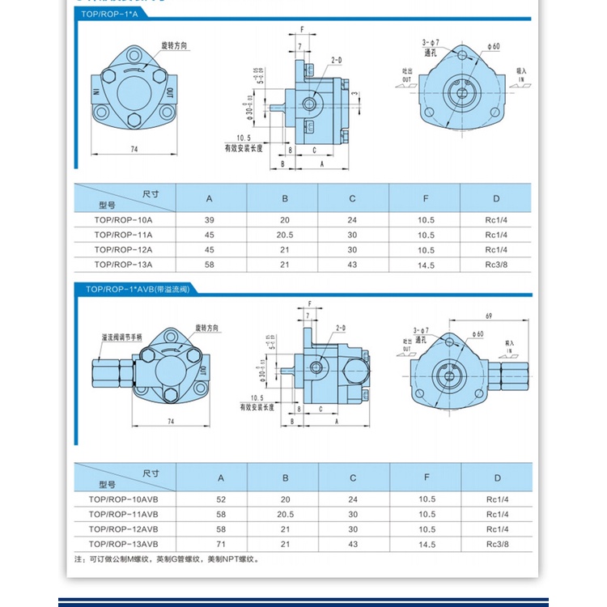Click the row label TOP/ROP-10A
(x=123, y=220)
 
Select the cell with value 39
(x=210, y=220)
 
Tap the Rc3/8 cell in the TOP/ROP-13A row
(x=495, y=264)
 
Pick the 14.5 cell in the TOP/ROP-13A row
(x=426, y=264)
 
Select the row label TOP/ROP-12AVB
(x=123, y=529)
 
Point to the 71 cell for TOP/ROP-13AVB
(x=210, y=544)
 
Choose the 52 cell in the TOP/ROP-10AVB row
(x=210, y=500)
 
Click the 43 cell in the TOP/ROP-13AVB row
(x=352, y=544)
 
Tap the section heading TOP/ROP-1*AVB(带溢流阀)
(x=137, y=289)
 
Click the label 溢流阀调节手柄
(x=121, y=336)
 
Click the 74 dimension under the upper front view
(x=134, y=149)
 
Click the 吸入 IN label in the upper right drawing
(x=521, y=75)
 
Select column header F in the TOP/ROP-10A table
(x=426, y=198)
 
